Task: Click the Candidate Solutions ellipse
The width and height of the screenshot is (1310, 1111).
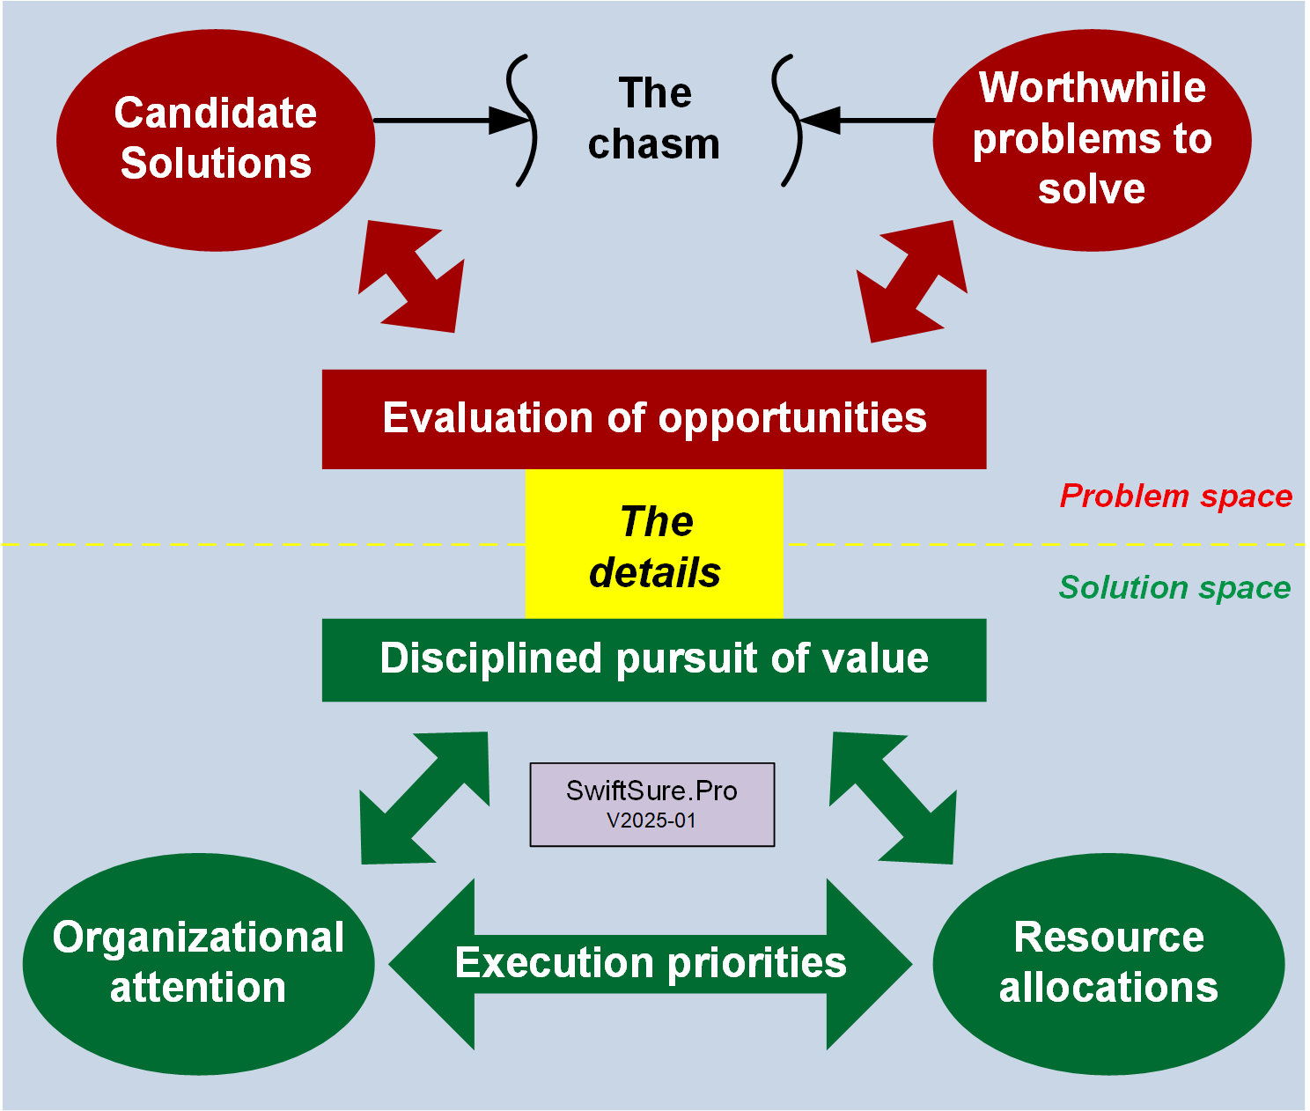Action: pos(216,140)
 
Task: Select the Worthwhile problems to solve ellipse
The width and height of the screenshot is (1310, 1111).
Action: pos(1092,140)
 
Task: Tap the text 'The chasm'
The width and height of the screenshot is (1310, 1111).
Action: pos(654,119)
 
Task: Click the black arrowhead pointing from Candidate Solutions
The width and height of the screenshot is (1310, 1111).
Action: pos(510,121)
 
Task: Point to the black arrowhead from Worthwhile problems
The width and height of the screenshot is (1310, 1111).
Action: pos(820,120)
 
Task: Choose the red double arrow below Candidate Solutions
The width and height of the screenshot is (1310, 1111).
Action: pos(411,276)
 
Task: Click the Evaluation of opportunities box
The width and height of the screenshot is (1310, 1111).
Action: pos(654,419)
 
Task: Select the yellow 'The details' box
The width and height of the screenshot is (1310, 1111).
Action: pos(654,546)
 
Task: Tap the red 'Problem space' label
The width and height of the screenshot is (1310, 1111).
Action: pos(1176,497)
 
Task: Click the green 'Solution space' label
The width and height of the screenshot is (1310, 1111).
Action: pos(1174,587)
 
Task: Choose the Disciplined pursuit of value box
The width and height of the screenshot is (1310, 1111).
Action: pos(654,659)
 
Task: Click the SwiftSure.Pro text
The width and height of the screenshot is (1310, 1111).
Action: pos(651,791)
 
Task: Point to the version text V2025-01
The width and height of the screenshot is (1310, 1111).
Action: pos(651,820)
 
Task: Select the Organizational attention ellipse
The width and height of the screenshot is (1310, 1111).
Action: pos(199,963)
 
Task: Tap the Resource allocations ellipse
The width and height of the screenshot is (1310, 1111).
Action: pos(1108,963)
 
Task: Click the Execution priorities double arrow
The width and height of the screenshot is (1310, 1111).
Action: pos(651,963)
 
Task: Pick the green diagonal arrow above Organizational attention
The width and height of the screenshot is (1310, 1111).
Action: pos(424,798)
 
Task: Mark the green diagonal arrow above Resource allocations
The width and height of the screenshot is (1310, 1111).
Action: pos(893,798)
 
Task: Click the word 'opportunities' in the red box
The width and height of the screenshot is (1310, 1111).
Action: pos(792,419)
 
